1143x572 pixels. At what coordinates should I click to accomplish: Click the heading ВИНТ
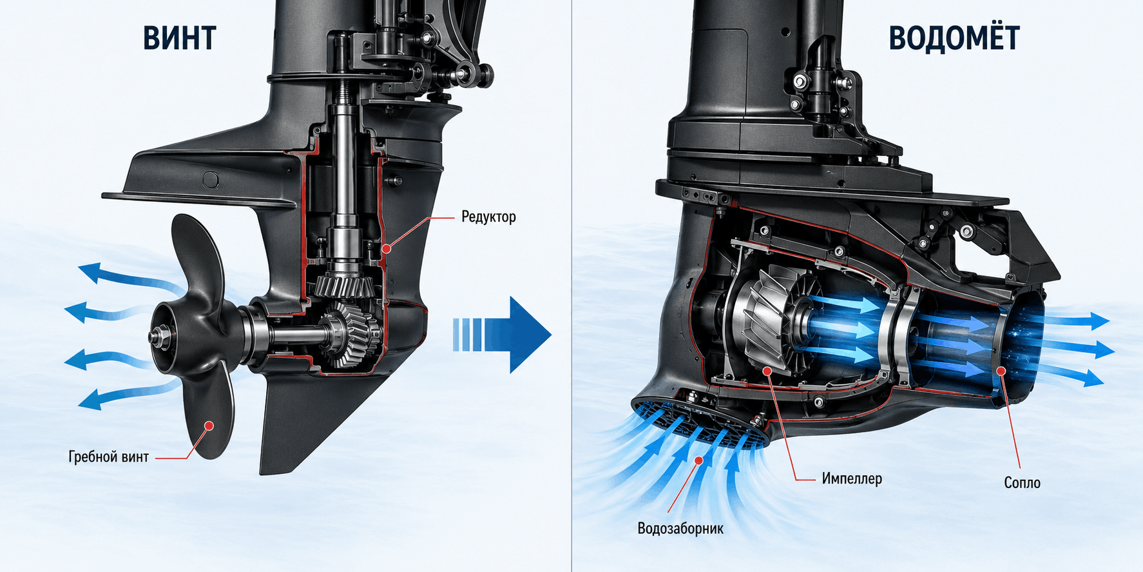pos(180,38)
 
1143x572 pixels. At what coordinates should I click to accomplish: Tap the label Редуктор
pos(488,217)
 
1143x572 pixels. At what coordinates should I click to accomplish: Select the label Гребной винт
pos(109,457)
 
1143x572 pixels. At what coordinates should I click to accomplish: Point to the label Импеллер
pos(852,478)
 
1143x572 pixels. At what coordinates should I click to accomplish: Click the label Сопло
pos(1022,483)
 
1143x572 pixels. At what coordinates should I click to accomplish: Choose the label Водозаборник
pos(680,529)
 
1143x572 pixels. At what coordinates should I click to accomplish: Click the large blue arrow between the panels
pos(502,335)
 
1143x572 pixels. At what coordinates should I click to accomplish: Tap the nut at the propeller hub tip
pos(157,337)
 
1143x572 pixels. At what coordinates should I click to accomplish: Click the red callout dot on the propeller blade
pos(208,425)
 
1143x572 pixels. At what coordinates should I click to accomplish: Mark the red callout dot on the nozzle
pos(1001,371)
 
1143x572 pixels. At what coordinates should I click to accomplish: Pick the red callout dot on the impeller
pos(767,371)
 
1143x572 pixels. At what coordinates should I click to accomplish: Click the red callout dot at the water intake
pos(700,459)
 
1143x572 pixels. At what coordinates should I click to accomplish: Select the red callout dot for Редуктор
pos(386,248)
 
